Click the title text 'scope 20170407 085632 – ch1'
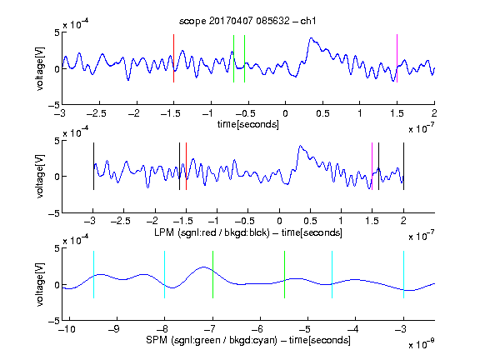247,21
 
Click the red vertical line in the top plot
174,58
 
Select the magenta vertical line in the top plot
397,58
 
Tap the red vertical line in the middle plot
186,166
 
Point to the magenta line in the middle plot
372,166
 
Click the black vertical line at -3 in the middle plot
93,166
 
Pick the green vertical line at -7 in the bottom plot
212,275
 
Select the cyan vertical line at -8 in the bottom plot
165,275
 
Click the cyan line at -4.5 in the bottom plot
332,275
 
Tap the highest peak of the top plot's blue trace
312,38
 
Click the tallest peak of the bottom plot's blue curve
204,267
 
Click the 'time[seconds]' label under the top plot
248,125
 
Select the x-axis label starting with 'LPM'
248,232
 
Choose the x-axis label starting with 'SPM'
248,340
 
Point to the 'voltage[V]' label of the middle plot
40,177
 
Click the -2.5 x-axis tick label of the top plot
97,113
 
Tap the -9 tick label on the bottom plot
114,329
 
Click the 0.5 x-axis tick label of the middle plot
311,221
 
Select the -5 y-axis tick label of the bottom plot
54,321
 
